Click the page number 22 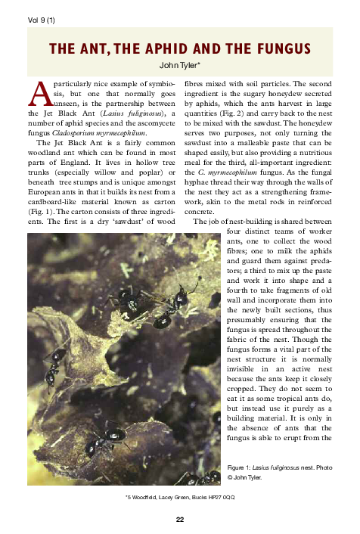pos(179,520)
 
